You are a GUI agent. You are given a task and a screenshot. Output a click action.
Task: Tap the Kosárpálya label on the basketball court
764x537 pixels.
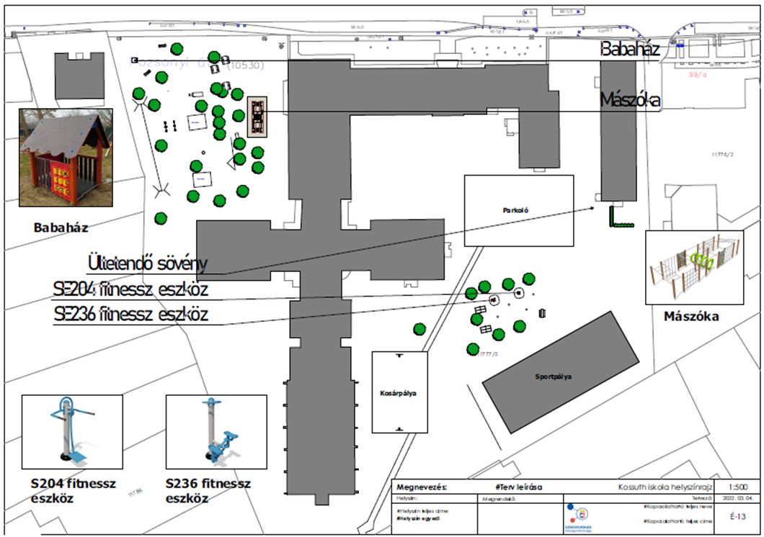(399, 393)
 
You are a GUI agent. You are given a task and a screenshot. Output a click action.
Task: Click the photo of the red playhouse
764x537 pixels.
(65, 158)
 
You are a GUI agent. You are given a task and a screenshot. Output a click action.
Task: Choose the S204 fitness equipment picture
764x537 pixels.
(72, 430)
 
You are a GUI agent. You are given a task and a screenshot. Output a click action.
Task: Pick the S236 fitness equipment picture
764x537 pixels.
(216, 430)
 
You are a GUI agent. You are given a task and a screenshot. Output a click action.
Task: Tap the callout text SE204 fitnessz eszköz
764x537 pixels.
(130, 290)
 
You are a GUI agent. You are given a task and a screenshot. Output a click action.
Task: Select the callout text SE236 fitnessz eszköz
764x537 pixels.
(130, 315)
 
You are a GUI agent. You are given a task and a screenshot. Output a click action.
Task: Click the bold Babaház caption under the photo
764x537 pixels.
(61, 228)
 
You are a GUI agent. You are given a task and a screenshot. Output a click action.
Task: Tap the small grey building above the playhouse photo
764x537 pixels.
(79, 76)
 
